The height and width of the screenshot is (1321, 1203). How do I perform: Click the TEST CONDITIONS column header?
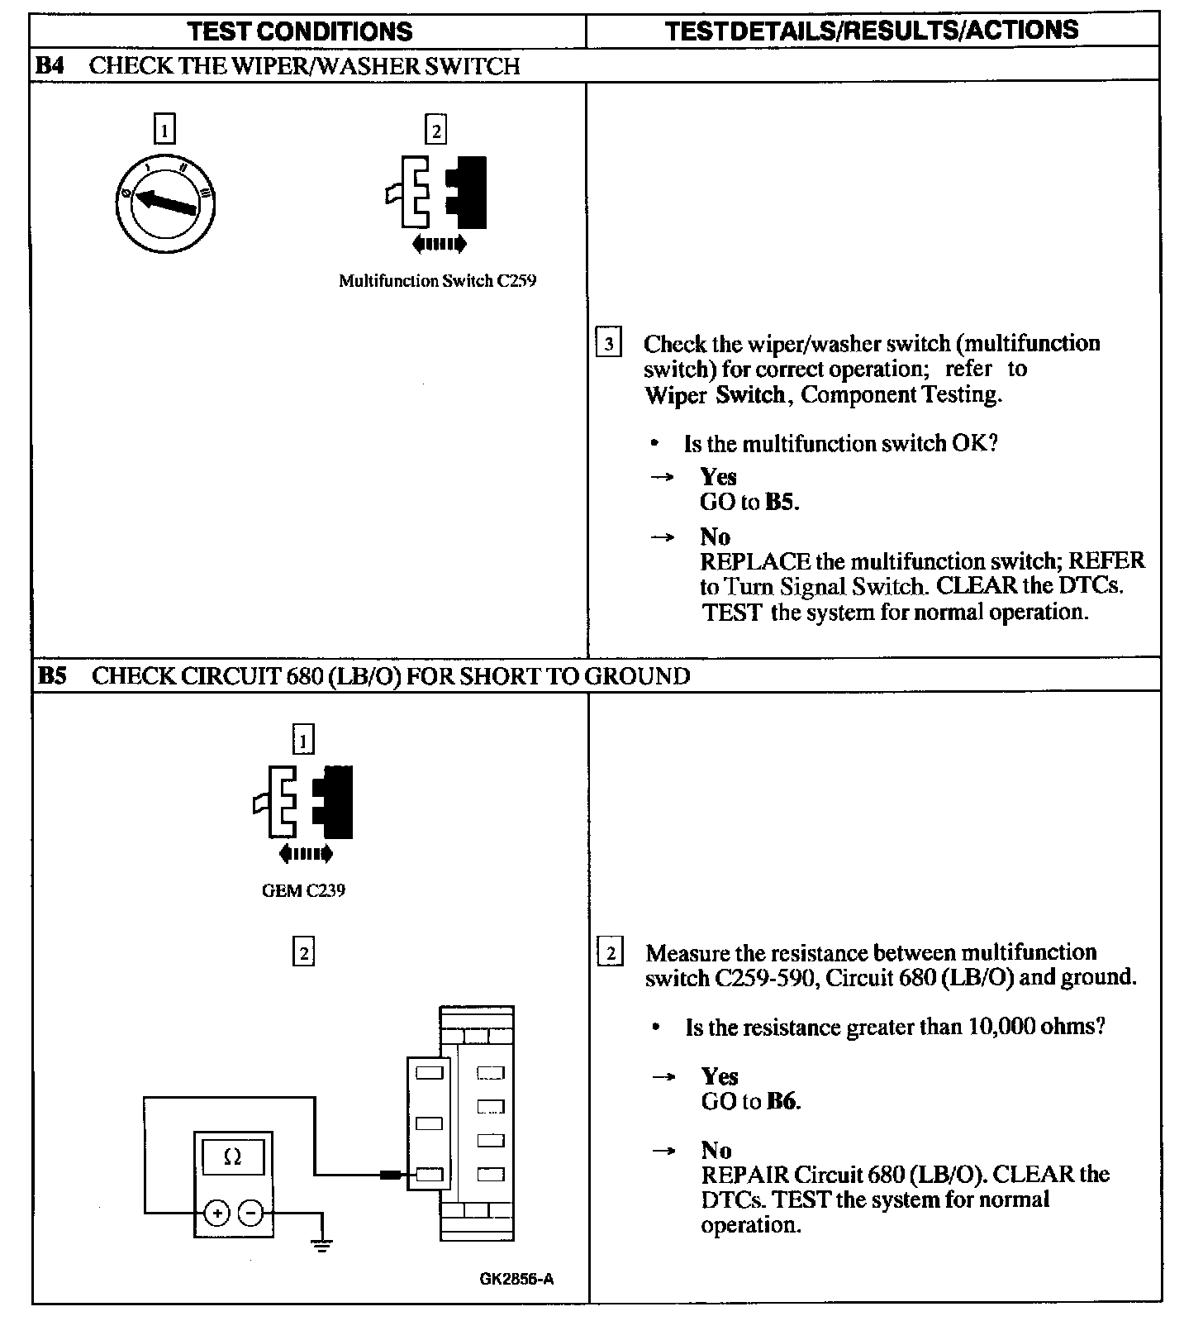299,31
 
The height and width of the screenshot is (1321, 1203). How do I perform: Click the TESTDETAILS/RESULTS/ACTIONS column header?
872,31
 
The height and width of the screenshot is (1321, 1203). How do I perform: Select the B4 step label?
50,66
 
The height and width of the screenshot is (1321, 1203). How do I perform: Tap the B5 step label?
52,676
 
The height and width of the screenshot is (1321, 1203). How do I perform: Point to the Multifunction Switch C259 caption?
437,281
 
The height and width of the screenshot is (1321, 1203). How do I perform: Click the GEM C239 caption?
303,891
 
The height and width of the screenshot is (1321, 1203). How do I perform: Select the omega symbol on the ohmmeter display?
233,1157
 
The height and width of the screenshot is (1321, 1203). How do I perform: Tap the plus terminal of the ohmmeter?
216,1214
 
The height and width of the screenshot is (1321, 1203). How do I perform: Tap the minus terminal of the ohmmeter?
250,1214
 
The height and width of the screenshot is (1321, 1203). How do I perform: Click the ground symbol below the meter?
322,1244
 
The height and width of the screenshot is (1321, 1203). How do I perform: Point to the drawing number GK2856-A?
516,1279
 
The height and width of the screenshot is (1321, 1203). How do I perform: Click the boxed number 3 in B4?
608,343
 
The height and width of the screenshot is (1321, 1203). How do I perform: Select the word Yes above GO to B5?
718,477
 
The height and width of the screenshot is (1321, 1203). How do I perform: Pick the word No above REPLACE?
715,537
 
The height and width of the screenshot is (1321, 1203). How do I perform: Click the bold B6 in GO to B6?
782,1101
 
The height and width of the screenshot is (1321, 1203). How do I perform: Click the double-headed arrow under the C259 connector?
439,244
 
